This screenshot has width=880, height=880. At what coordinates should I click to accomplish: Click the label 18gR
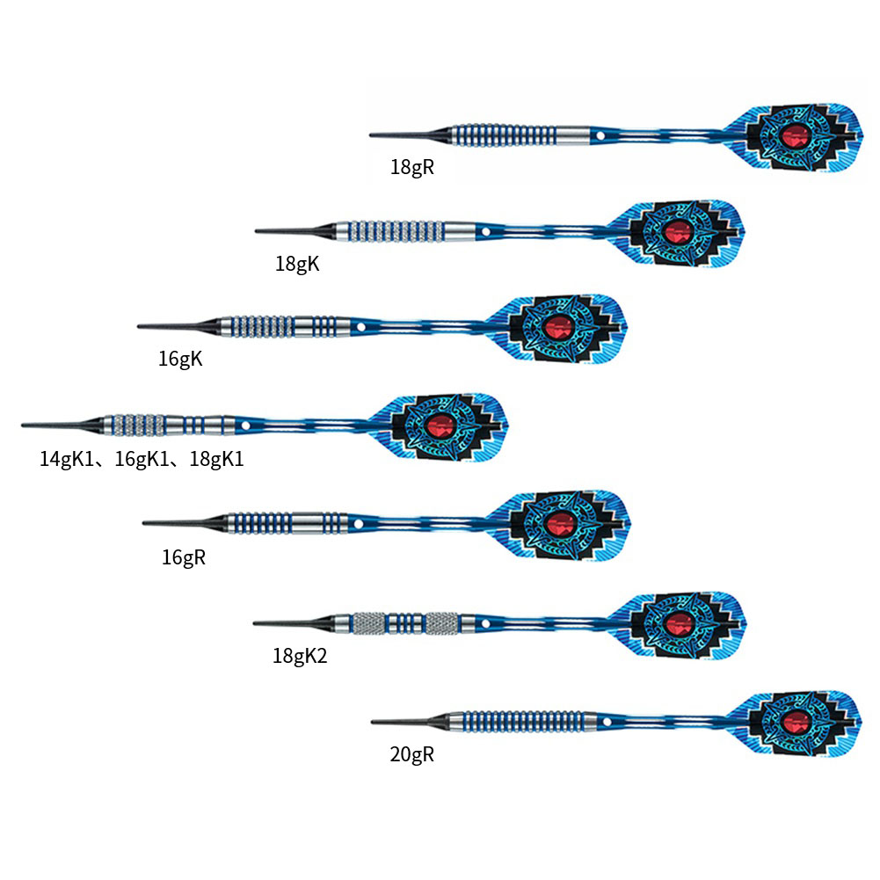coord(412,167)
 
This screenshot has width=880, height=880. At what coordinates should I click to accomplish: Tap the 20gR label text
coord(412,753)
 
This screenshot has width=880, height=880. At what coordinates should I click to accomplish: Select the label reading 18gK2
coord(300,655)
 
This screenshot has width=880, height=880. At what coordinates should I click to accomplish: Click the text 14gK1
coord(68,458)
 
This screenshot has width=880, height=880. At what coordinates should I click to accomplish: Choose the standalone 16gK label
coord(180,359)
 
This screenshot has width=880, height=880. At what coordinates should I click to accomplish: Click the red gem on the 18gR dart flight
coord(796,135)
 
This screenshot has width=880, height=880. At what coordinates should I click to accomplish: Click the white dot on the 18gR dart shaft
coord(599,136)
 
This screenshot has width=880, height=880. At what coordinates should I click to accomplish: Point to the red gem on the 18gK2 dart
coord(677,624)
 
